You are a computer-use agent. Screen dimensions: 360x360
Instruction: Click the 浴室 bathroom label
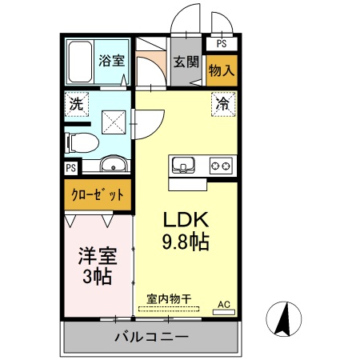(111, 59)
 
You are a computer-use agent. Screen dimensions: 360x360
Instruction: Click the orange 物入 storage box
(222, 70)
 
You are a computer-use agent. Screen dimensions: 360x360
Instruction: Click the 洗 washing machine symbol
(76, 103)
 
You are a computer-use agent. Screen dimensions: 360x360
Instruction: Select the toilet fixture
(81, 143)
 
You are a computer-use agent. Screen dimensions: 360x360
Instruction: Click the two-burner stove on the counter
(221, 166)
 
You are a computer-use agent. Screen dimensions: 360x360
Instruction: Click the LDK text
(186, 220)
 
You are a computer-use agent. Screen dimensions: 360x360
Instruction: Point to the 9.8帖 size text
(187, 242)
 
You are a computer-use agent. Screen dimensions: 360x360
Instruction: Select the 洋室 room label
(97, 257)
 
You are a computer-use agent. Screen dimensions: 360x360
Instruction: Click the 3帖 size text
(97, 278)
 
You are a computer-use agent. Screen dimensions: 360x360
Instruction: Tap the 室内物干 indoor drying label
(169, 299)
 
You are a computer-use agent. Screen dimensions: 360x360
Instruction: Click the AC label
(225, 304)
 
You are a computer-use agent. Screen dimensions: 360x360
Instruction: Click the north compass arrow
(282, 319)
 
